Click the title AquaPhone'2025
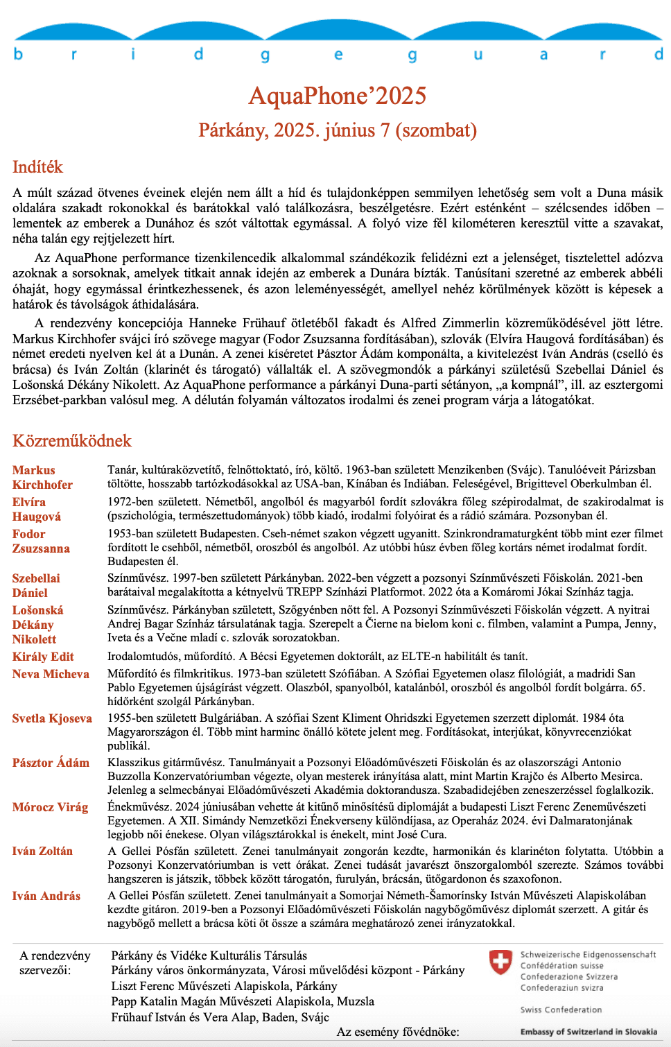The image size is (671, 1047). (338, 96)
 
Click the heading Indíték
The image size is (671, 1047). (37, 167)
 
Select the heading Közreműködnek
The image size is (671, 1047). (72, 441)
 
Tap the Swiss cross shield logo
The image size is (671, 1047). (500, 962)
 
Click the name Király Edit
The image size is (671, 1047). (43, 657)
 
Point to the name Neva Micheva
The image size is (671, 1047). (51, 674)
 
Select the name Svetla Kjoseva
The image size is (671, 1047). (52, 718)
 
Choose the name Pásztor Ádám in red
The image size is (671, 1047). (51, 763)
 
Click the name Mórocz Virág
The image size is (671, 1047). (50, 807)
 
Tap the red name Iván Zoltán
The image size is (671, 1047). (42, 851)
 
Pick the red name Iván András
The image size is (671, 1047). (46, 896)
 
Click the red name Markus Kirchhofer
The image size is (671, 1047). (42, 477)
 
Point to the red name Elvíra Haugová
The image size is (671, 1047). (37, 509)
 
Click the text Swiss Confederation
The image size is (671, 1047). (561, 1010)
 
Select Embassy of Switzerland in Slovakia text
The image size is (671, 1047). (589, 1032)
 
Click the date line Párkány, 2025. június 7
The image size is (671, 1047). (338, 130)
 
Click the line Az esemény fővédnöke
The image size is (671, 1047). (398, 1032)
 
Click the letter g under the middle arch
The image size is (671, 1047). (265, 55)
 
